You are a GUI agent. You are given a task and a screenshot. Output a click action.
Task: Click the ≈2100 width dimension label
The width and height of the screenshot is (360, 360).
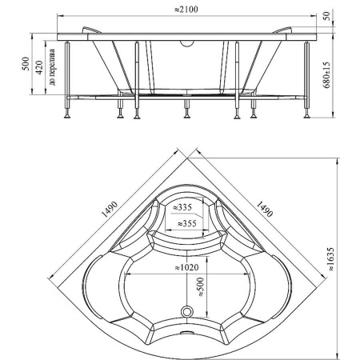pyautogui.click(x=186, y=10)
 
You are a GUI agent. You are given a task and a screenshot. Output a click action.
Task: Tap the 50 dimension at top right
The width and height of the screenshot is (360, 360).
pyautogui.click(x=326, y=16)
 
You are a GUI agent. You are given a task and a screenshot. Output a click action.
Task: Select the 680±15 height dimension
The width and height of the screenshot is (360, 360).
pyautogui.click(x=326, y=75)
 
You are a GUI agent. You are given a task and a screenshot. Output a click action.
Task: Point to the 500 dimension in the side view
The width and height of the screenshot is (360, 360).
pyautogui.click(x=26, y=63)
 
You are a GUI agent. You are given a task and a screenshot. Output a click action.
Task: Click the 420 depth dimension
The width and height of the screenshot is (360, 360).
pyautogui.click(x=39, y=67)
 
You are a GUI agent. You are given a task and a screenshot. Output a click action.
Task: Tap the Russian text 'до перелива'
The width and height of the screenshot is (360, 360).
pyautogui.click(x=52, y=67)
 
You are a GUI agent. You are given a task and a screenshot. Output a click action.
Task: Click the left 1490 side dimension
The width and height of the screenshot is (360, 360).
pyautogui.click(x=110, y=209)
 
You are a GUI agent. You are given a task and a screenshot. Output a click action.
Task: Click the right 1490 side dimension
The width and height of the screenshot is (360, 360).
pyautogui.click(x=265, y=209)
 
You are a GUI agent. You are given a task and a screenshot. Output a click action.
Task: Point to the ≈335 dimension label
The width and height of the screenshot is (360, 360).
pyautogui.click(x=182, y=207)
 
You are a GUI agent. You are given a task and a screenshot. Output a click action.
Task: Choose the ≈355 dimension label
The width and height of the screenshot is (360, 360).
pyautogui.click(x=186, y=223)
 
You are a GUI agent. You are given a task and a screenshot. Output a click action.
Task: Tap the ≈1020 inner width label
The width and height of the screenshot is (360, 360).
pyautogui.click(x=186, y=267)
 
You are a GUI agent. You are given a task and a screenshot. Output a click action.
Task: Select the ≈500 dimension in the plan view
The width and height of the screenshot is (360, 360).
pyautogui.click(x=201, y=287)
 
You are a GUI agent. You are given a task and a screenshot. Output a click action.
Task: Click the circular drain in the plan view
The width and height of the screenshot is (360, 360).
pyautogui.click(x=187, y=311)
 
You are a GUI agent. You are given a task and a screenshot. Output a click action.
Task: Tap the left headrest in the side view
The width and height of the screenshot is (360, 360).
pyautogui.click(x=91, y=30)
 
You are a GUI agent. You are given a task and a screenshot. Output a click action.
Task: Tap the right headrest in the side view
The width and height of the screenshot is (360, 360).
pyautogui.click(x=283, y=30)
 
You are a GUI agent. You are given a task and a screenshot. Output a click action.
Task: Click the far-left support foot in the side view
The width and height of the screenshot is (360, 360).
pyautogui.click(x=67, y=116)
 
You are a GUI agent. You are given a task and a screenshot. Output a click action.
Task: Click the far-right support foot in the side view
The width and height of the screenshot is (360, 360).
pyautogui.click(x=307, y=116)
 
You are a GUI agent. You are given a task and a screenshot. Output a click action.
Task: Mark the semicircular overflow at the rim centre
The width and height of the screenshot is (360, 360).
pyautogui.click(x=186, y=43)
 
